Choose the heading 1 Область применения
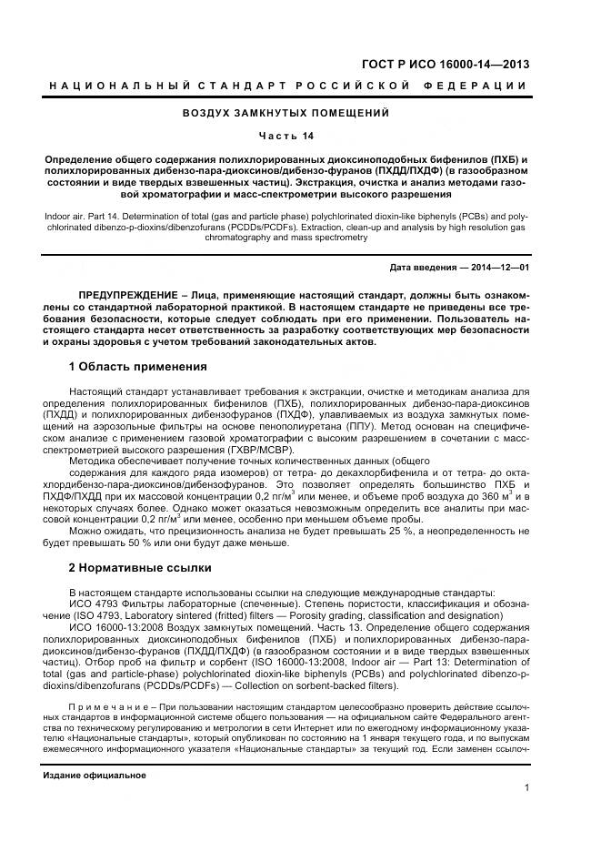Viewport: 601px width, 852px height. (x=137, y=367)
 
